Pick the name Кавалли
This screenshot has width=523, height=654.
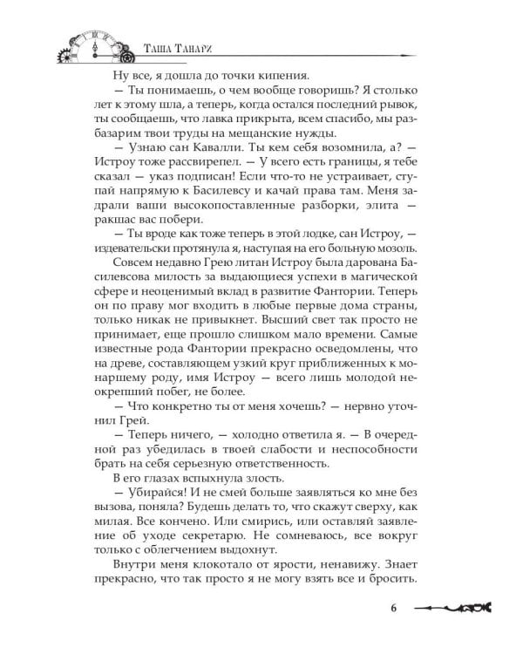click(210, 153)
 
